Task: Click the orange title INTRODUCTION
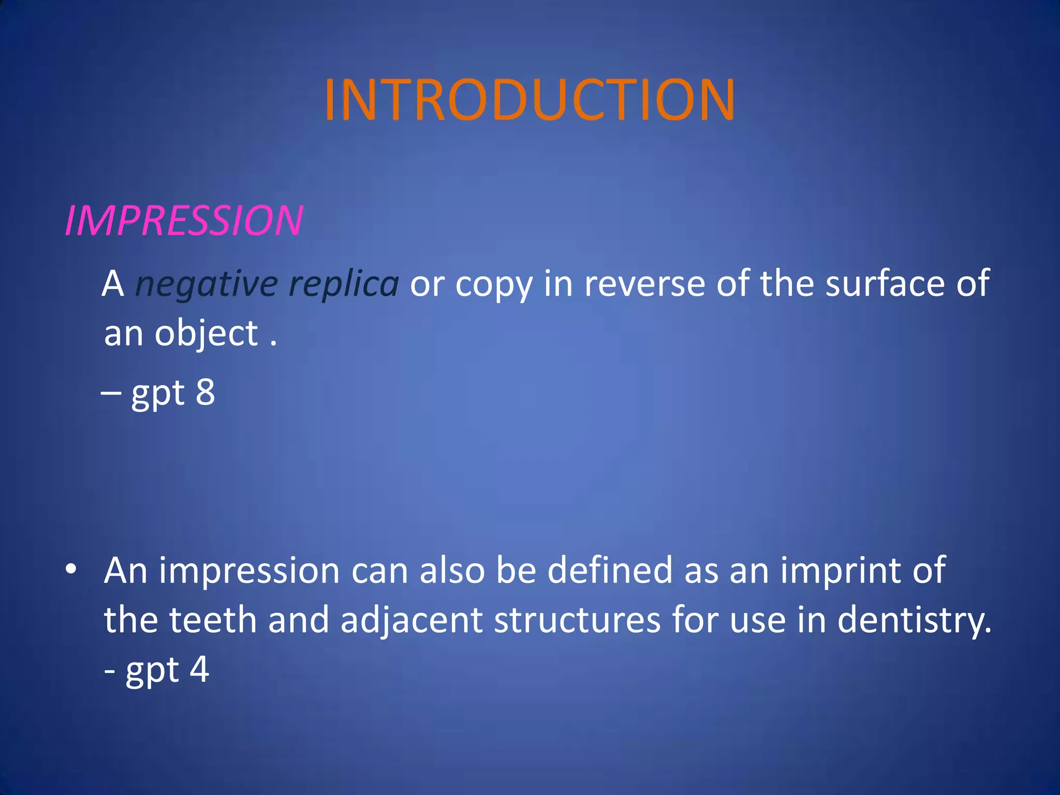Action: pos(529,99)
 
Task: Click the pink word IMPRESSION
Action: pos(184,221)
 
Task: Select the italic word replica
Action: pos(343,285)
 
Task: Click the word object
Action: pos(206,334)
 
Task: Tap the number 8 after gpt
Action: pos(205,392)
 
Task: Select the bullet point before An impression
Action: pos(71,569)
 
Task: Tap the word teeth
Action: pos(213,620)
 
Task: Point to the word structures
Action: pos(577,620)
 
